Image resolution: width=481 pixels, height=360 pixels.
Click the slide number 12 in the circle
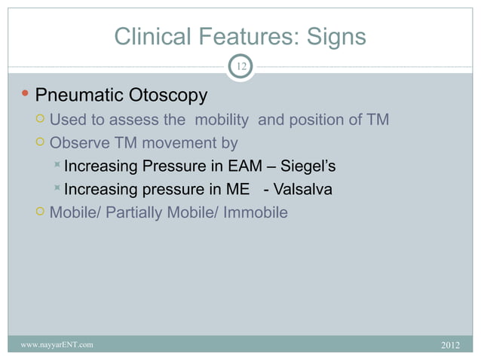pos(240,68)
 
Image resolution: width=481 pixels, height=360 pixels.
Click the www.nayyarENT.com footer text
pos(57,345)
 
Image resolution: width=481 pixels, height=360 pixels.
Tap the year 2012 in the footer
pos(449,345)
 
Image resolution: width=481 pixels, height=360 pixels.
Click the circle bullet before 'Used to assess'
pos(40,120)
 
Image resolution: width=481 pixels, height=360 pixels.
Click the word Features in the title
pos(241,36)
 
